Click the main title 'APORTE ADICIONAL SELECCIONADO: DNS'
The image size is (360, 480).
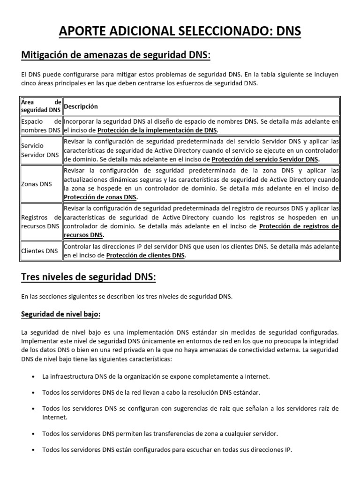tap(180, 31)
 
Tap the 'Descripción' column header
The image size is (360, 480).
tap(81, 106)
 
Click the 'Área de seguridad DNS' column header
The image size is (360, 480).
tap(41, 106)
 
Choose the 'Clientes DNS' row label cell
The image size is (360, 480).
tap(39, 251)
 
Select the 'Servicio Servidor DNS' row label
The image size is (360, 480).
tap(40, 150)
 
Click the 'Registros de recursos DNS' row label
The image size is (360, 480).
tap(41, 222)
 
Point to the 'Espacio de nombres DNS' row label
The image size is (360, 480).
tap(41, 126)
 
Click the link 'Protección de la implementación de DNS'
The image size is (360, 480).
tap(157, 130)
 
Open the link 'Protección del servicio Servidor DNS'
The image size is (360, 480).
tap(265, 159)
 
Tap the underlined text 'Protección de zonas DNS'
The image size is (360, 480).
tap(100, 197)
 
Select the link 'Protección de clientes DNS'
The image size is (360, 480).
tap(146, 255)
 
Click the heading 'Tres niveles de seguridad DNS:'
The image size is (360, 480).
tap(89, 277)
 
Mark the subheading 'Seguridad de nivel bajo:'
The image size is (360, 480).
tap(61, 314)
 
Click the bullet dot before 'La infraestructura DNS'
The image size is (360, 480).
tap(32, 376)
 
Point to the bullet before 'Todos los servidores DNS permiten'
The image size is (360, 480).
tap(32, 434)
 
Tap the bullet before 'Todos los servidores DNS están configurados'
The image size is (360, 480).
tap(32, 450)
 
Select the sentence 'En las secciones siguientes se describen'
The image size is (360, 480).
tap(127, 297)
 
